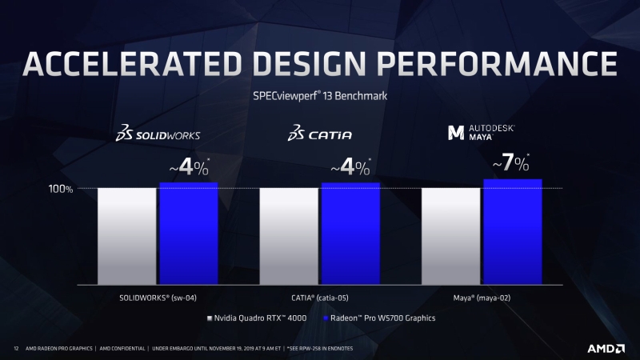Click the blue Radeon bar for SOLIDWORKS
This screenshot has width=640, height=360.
188,234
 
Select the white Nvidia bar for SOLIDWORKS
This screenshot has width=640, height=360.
126,237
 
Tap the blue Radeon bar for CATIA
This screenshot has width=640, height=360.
350,234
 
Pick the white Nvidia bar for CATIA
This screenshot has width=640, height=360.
289,237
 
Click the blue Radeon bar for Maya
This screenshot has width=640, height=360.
513,232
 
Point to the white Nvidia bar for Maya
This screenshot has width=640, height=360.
451,237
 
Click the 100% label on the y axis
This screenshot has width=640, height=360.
61,190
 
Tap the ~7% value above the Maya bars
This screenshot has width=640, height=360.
511,163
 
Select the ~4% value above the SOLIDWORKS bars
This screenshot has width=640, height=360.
188,167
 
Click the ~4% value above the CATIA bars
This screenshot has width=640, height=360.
350,167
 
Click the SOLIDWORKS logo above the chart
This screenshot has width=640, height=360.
157,134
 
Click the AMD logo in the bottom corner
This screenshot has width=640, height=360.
607,348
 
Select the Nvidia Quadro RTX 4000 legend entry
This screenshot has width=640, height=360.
255,318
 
